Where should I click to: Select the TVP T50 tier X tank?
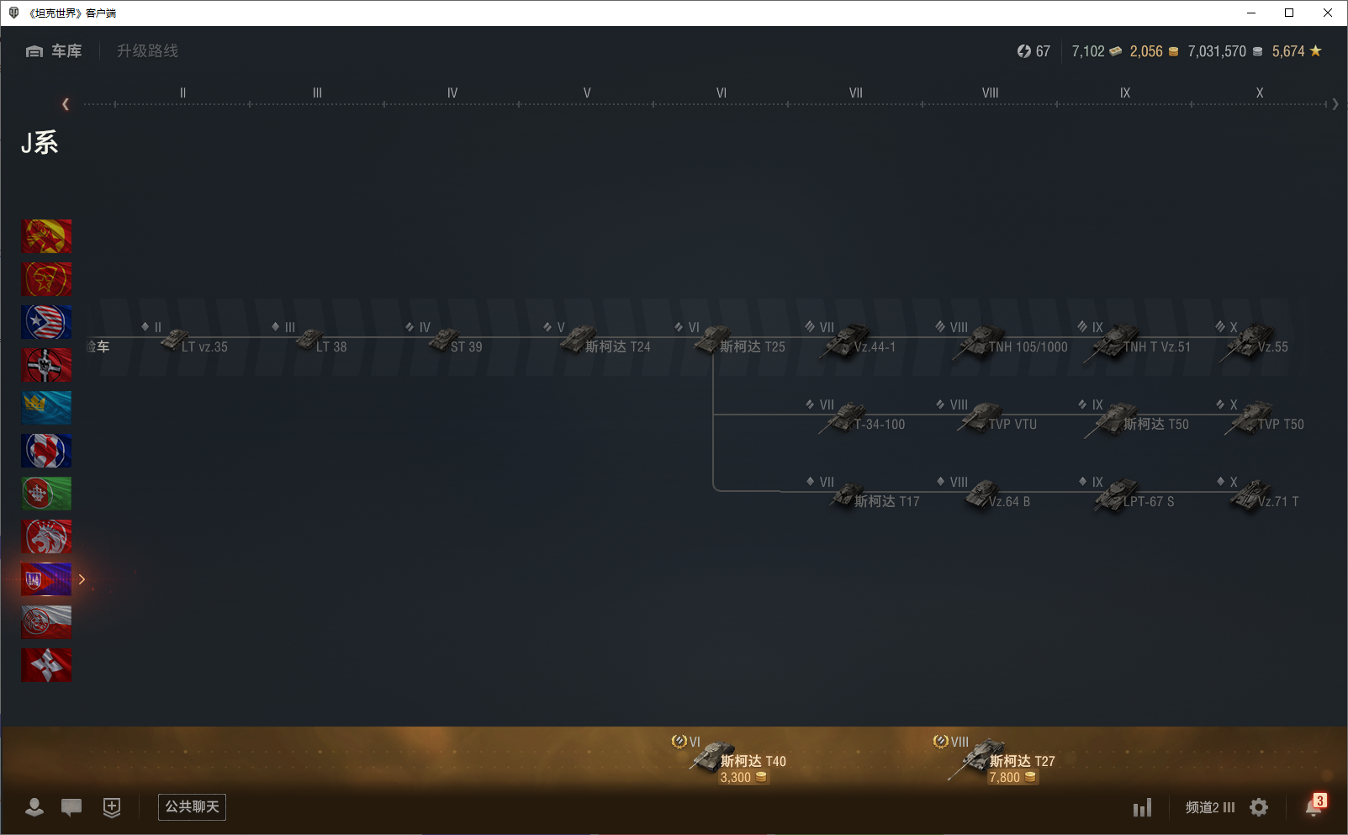point(1266,419)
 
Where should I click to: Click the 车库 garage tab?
point(56,51)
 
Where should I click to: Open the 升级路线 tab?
point(147,51)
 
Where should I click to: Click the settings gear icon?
point(1259,807)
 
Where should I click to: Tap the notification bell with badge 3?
point(1314,806)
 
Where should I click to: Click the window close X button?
point(1328,13)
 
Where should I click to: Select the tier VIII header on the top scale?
point(990,93)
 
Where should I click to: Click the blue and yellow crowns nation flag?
point(46,408)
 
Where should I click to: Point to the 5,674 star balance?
point(1296,51)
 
